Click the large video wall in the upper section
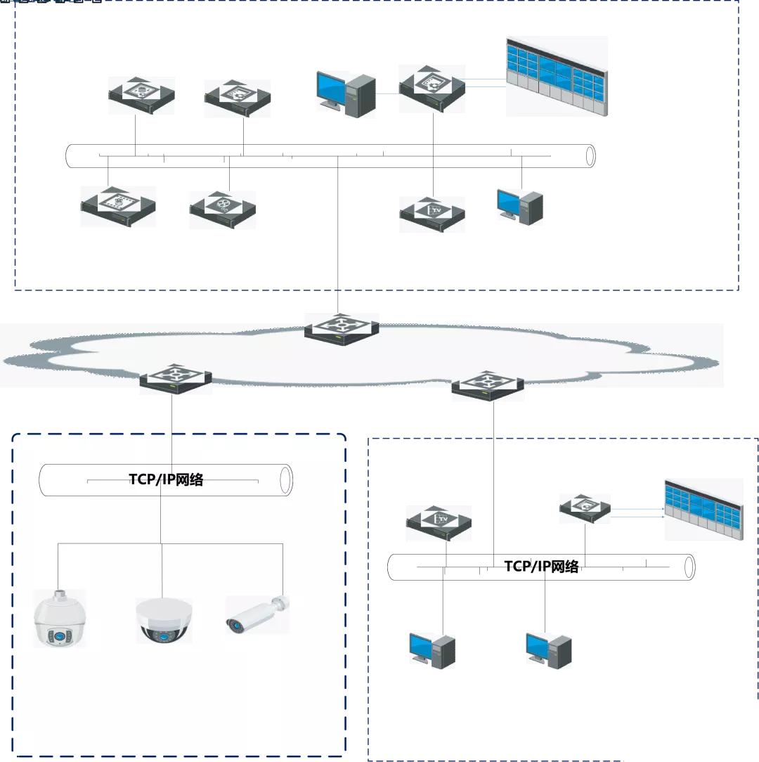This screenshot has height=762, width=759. click(x=557, y=76)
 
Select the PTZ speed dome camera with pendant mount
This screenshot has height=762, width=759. click(x=60, y=619)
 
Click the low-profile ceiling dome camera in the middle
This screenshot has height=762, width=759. click(x=163, y=620)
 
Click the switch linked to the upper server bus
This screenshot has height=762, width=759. click(x=342, y=328)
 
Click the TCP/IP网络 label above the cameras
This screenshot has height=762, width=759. click(x=166, y=480)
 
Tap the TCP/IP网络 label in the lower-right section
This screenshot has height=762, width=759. click(x=541, y=567)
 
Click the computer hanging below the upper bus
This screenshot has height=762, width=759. click(x=520, y=206)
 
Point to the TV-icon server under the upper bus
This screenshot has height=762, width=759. click(x=433, y=213)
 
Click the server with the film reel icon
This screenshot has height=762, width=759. click(x=223, y=208)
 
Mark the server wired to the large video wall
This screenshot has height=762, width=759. click(x=432, y=87)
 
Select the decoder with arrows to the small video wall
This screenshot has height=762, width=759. click(x=585, y=508)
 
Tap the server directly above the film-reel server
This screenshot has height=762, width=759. click(x=237, y=98)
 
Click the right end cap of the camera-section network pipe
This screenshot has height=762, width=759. click(x=285, y=480)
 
